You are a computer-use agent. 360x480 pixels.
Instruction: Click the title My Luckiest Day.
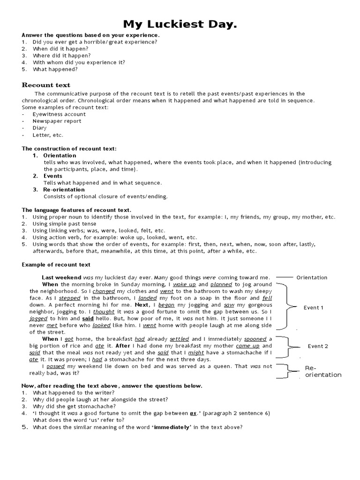[x=180, y=24]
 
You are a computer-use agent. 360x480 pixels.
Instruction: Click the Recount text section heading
[x=46, y=85]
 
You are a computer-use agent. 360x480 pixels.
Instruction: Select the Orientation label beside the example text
[x=312, y=277]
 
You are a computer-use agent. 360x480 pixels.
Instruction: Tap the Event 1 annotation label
[x=314, y=307]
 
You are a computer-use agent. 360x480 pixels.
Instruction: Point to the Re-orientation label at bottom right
[x=323, y=371]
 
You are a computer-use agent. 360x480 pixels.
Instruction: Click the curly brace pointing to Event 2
[x=287, y=346]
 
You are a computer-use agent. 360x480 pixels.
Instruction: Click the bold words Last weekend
[x=61, y=277]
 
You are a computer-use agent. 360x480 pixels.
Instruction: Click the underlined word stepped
[x=69, y=298]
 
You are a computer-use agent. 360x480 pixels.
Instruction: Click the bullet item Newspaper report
[x=57, y=121]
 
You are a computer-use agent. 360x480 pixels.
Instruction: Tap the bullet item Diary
[x=39, y=127]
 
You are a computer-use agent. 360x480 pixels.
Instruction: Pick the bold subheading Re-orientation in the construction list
[x=64, y=189]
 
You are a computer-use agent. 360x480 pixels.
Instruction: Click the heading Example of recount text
[x=56, y=265]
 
